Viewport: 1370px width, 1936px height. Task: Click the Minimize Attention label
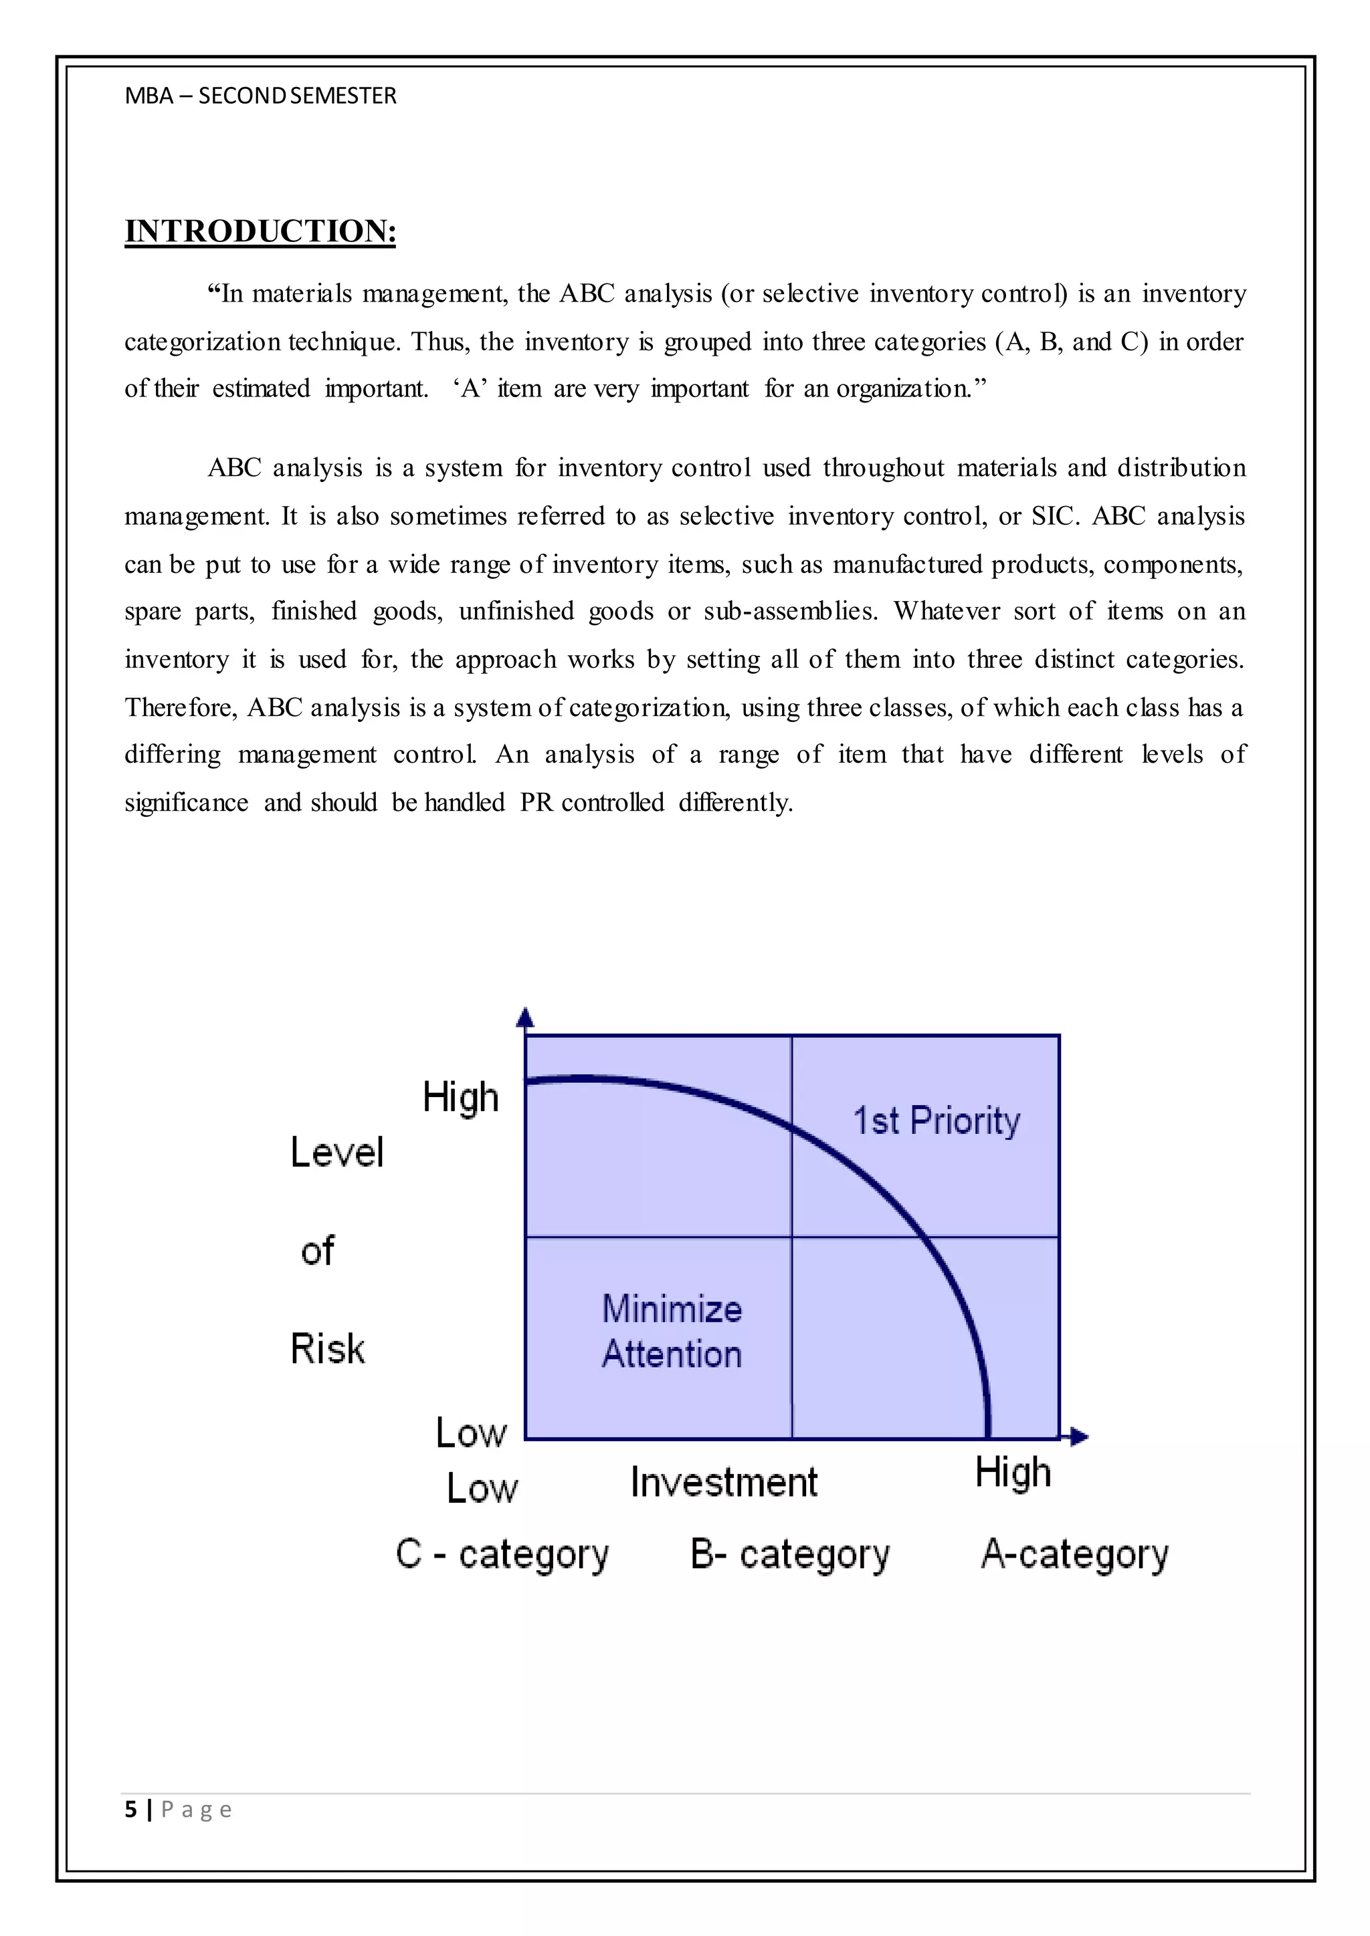(672, 1332)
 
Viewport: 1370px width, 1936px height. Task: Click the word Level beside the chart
(336, 1152)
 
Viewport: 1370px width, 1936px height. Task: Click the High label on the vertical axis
(461, 1097)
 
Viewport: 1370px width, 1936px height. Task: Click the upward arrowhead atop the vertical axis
(524, 1017)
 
